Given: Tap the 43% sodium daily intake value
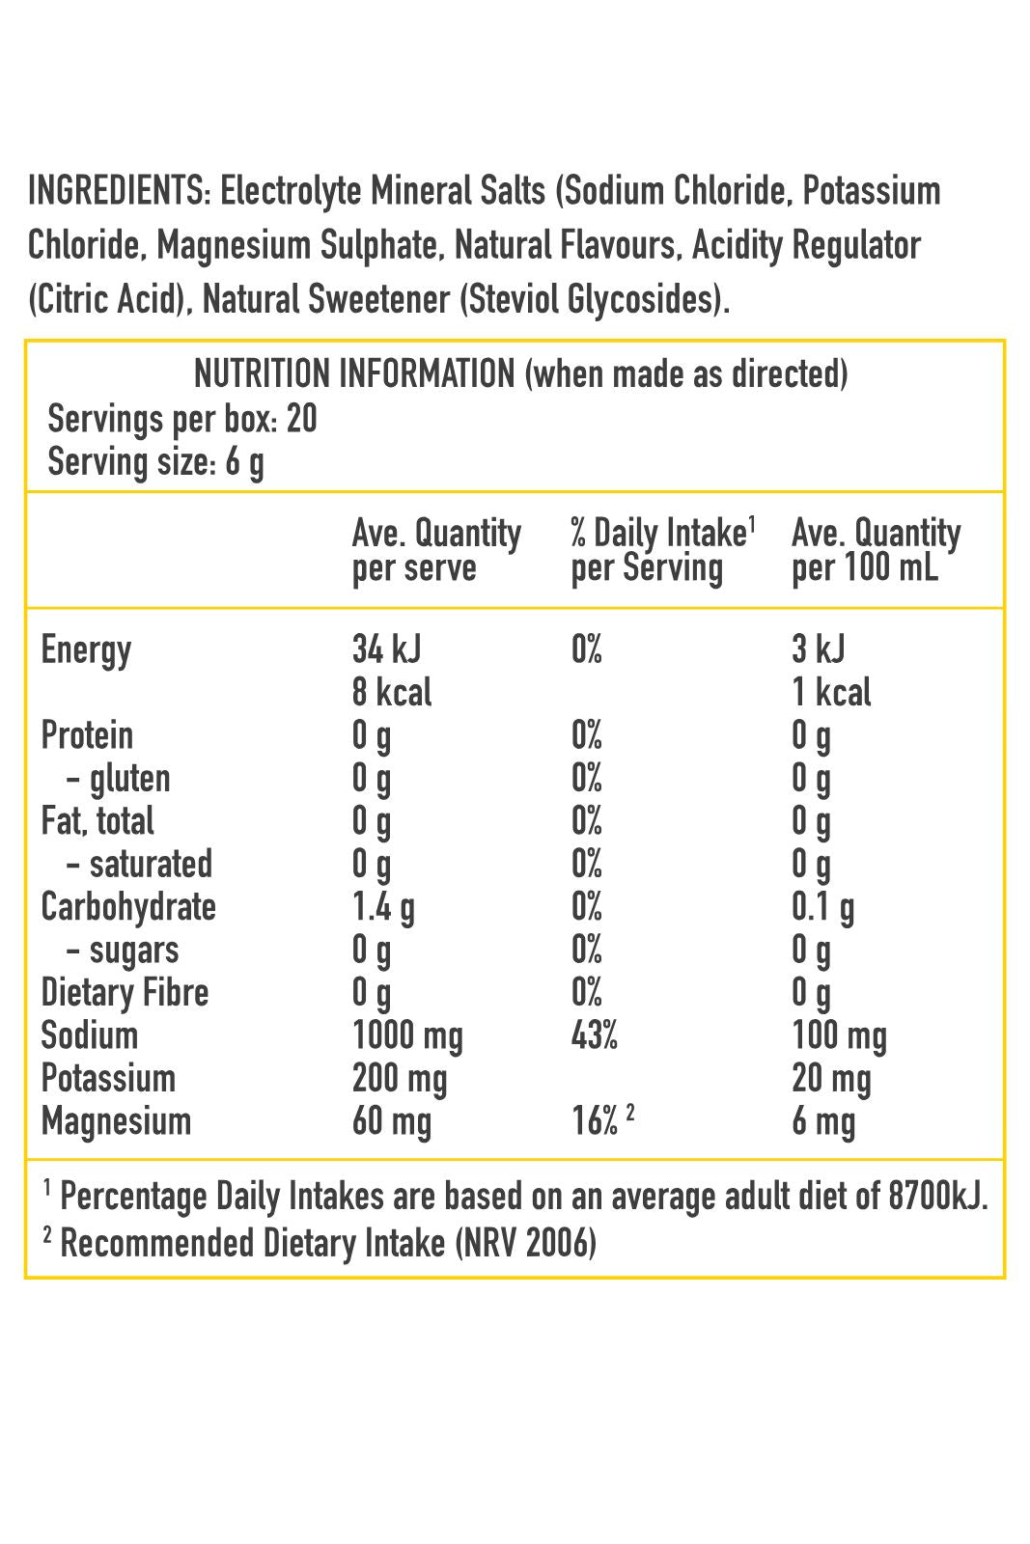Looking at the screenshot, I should pyautogui.click(x=594, y=1035).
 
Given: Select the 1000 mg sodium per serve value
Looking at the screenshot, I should pyautogui.click(x=407, y=1035).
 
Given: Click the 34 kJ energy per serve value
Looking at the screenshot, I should pyautogui.click(x=386, y=649).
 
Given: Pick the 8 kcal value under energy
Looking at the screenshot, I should pyautogui.click(x=392, y=692).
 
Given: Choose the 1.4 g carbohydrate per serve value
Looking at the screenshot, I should pyautogui.click(x=383, y=907).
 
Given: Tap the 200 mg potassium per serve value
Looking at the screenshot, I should pyautogui.click(x=400, y=1078).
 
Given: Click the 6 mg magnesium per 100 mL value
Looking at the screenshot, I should pyautogui.click(x=823, y=1121).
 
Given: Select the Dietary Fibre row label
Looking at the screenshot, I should pyautogui.click(x=125, y=992).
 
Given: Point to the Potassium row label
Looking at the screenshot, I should pyautogui.click(x=108, y=1078).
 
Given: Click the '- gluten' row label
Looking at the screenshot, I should pyautogui.click(x=118, y=778).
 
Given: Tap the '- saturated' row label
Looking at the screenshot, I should pyautogui.click(x=139, y=864).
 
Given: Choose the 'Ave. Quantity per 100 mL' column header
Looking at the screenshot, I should pyautogui.click(x=876, y=550).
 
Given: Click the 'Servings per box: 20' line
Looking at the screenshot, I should pyautogui.click(x=182, y=419).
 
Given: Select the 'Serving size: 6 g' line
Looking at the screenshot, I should pyautogui.click(x=155, y=462).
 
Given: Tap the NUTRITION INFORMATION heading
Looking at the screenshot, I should pyautogui.click(x=354, y=373).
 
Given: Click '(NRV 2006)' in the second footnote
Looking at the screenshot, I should pyautogui.click(x=525, y=1243).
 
